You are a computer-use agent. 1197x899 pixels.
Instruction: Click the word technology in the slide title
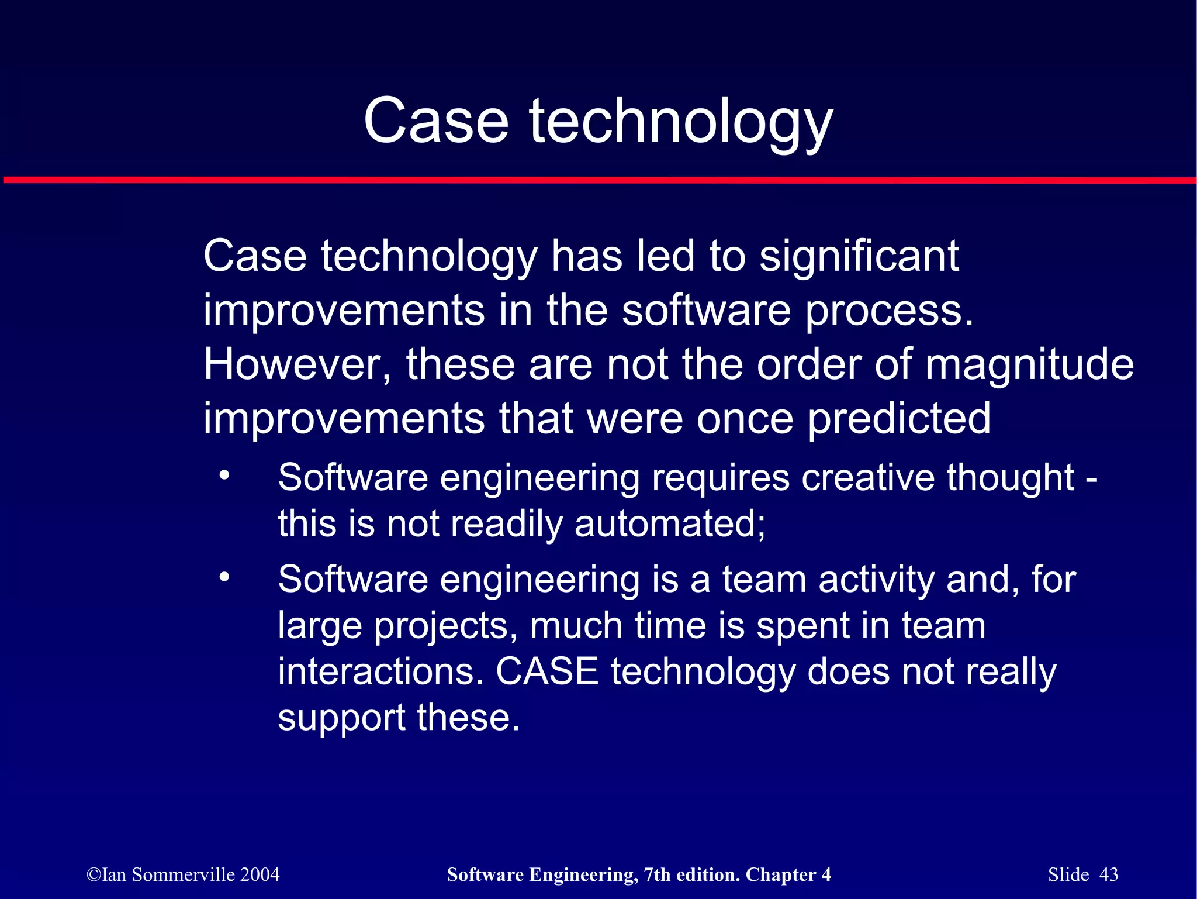(x=681, y=123)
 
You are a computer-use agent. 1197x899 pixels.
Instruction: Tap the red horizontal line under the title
(x=598, y=180)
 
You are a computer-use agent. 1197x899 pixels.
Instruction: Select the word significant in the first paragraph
(x=859, y=257)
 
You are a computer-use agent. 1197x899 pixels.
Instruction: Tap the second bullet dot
(x=224, y=577)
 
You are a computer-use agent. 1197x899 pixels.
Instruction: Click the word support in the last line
(x=340, y=719)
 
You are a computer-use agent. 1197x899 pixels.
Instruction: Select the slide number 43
(x=1108, y=874)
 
